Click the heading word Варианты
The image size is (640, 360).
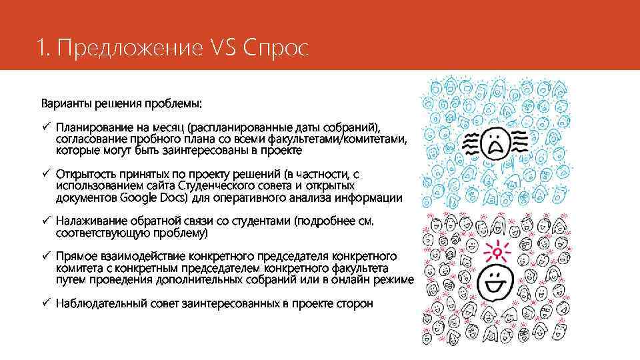click(64, 105)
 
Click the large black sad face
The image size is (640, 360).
click(494, 142)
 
